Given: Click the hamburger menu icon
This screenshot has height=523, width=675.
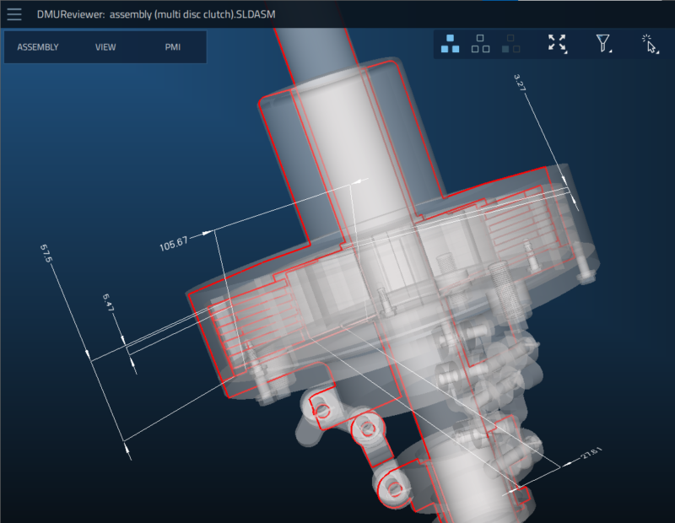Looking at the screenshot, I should pyautogui.click(x=14, y=14).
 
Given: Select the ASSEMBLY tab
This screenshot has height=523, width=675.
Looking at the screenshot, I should pyautogui.click(x=38, y=47).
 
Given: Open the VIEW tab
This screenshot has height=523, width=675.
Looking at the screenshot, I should pyautogui.click(x=105, y=47).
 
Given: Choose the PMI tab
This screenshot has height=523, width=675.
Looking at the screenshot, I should pyautogui.click(x=173, y=47).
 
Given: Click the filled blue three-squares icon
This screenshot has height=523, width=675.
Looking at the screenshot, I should pyautogui.click(x=451, y=44).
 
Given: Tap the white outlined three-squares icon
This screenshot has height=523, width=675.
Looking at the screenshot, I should pyautogui.click(x=480, y=44).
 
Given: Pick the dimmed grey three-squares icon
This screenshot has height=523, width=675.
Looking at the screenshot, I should pyautogui.click(x=510, y=44).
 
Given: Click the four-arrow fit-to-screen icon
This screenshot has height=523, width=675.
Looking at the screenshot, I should pyautogui.click(x=557, y=44).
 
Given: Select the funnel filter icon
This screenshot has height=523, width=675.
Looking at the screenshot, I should pyautogui.click(x=602, y=44).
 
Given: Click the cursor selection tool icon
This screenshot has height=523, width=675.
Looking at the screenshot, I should pyautogui.click(x=648, y=44).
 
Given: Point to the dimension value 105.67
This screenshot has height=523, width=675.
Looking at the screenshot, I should pyautogui.click(x=173, y=245).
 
